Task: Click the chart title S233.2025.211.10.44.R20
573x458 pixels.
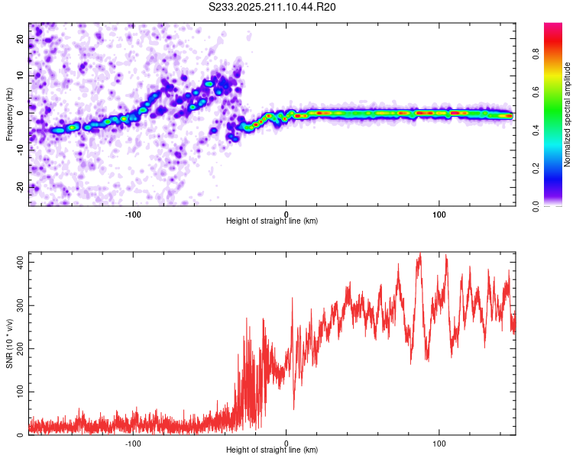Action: (x=272, y=7)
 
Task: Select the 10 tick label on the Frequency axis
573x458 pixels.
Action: (x=21, y=76)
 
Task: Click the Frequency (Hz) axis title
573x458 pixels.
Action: (x=9, y=114)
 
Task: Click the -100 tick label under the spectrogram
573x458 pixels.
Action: (x=133, y=214)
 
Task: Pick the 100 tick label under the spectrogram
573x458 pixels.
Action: (x=439, y=214)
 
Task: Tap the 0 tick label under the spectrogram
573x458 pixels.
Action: (x=286, y=214)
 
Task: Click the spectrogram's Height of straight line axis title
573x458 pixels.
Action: (x=272, y=221)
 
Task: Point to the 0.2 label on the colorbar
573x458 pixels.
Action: (x=536, y=168)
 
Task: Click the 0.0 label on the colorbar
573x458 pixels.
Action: (x=536, y=206)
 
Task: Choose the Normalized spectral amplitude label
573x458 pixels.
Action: (x=567, y=114)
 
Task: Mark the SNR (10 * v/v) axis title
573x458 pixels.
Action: (x=9, y=343)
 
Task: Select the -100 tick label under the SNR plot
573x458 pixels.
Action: (x=133, y=443)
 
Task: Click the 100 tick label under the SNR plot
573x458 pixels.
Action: (x=439, y=443)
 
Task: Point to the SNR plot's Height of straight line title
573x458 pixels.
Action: (x=272, y=450)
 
